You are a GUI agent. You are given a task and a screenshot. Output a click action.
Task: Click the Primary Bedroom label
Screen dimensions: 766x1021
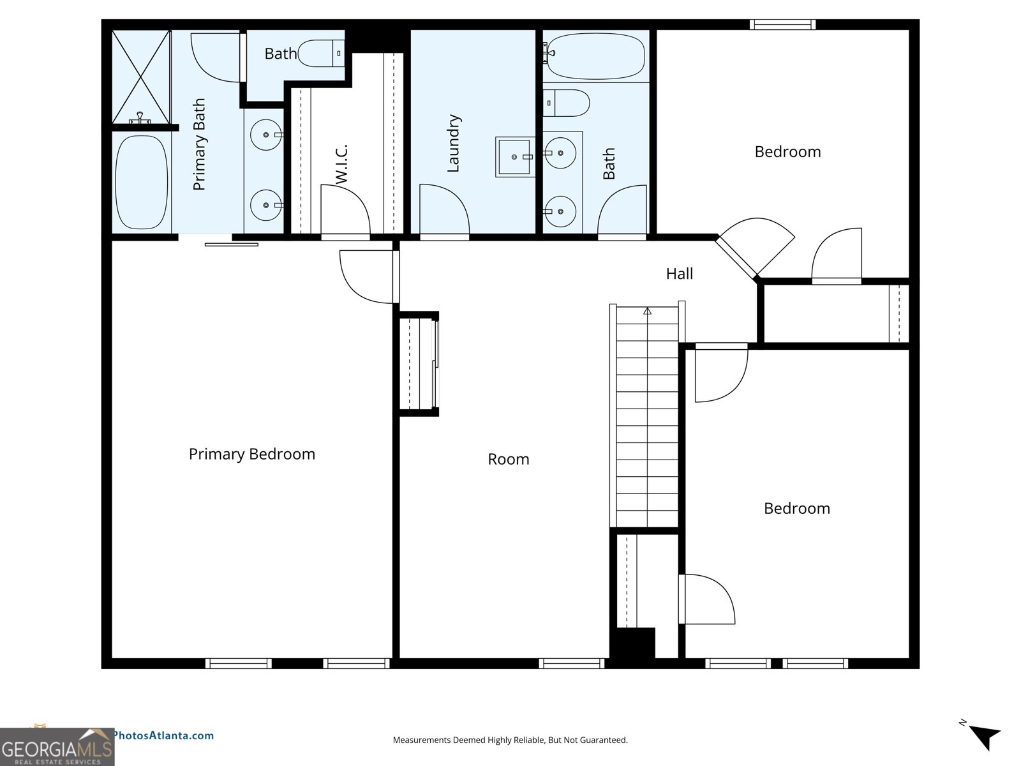[x=252, y=454]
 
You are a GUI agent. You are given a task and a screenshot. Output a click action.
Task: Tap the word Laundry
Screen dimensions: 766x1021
[x=454, y=144]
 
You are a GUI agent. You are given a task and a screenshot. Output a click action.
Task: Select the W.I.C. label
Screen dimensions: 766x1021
[x=342, y=164]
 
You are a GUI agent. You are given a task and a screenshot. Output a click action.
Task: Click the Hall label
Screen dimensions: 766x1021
[x=679, y=274]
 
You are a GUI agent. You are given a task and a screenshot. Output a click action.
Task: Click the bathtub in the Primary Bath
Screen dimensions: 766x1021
[x=142, y=182]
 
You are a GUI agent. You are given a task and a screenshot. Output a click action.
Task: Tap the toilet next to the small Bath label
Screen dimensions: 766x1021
[x=322, y=54]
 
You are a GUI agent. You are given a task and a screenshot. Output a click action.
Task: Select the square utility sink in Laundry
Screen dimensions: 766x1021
[x=514, y=156]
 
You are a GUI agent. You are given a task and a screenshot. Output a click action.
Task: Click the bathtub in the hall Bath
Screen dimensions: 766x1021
[x=595, y=56]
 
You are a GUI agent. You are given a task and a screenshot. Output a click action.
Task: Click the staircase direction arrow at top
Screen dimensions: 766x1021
[x=647, y=312]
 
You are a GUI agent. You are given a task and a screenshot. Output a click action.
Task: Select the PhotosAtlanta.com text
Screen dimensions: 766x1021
[x=163, y=735]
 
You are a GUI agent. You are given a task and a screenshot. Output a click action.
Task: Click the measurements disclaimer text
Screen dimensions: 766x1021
[x=510, y=740]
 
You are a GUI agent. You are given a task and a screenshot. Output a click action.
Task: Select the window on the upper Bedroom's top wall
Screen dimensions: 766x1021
[x=782, y=25]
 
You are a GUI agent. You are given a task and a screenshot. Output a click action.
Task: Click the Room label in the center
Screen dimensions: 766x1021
[x=508, y=459]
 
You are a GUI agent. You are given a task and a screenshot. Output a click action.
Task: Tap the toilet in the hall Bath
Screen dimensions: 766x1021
[x=567, y=103]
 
